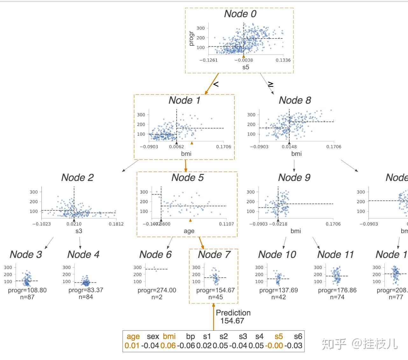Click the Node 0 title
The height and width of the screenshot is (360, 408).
pyautogui.click(x=240, y=14)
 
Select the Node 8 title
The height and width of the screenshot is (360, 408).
pyautogui.click(x=295, y=100)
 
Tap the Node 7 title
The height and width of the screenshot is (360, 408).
pyautogui.click(x=214, y=254)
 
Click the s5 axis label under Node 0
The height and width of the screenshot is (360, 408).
pyautogui.click(x=246, y=67)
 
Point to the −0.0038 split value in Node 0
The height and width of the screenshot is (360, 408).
pyautogui.click(x=244, y=60)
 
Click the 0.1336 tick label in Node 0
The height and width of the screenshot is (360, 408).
pyautogui.click(x=283, y=60)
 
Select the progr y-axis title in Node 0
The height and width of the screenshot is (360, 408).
pyautogui.click(x=191, y=38)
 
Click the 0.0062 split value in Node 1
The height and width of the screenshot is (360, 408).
pyautogui.click(x=176, y=147)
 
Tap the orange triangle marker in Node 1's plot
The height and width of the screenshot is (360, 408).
pyautogui.click(x=192, y=143)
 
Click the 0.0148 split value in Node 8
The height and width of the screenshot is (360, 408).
pyautogui.click(x=289, y=147)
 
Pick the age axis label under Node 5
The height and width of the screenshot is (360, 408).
pyautogui.click(x=189, y=231)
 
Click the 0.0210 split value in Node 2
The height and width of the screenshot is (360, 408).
pyautogui.click(x=74, y=224)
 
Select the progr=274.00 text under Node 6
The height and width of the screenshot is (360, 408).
pyautogui.click(x=157, y=290)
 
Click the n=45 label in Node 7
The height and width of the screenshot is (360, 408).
pyautogui.click(x=215, y=297)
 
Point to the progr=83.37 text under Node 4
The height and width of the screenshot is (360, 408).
pyautogui.click(x=86, y=290)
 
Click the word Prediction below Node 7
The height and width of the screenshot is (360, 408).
pyautogui.click(x=233, y=313)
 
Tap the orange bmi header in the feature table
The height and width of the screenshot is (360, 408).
pyautogui.click(x=169, y=336)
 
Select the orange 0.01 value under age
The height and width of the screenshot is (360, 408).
pyautogui.click(x=132, y=346)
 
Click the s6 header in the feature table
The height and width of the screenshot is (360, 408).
pyautogui.click(x=298, y=336)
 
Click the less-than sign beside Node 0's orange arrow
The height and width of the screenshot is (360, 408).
pyautogui.click(x=216, y=84)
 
